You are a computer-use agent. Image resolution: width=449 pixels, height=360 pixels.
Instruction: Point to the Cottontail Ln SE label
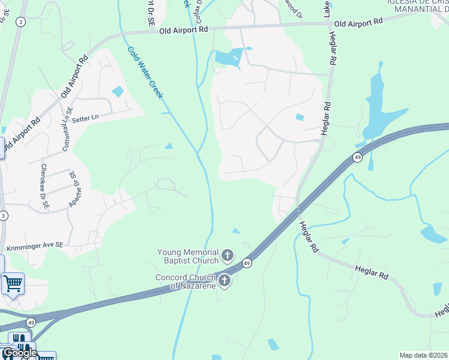pos(66,132)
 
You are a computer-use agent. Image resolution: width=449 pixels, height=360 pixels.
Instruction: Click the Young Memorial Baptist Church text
pos(187,256)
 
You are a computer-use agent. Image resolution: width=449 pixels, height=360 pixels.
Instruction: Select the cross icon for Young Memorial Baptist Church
pos(228,256)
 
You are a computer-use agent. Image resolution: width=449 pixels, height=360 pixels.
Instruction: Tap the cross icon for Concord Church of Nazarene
pos(224,280)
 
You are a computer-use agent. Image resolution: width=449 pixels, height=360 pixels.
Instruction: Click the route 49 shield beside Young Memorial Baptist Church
pos(247,263)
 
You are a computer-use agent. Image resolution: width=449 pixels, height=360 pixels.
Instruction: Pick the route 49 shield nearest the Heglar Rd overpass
pos(357,157)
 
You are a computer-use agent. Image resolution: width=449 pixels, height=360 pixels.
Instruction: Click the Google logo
pos(20,353)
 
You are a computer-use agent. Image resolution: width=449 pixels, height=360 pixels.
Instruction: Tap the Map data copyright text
pos(423,355)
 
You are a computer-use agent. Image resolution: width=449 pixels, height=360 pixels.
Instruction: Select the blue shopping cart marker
pos(13,283)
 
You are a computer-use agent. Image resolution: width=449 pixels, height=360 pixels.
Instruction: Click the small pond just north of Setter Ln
pos(118,92)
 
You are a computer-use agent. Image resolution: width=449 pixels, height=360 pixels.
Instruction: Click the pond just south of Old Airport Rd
pos(229,58)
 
